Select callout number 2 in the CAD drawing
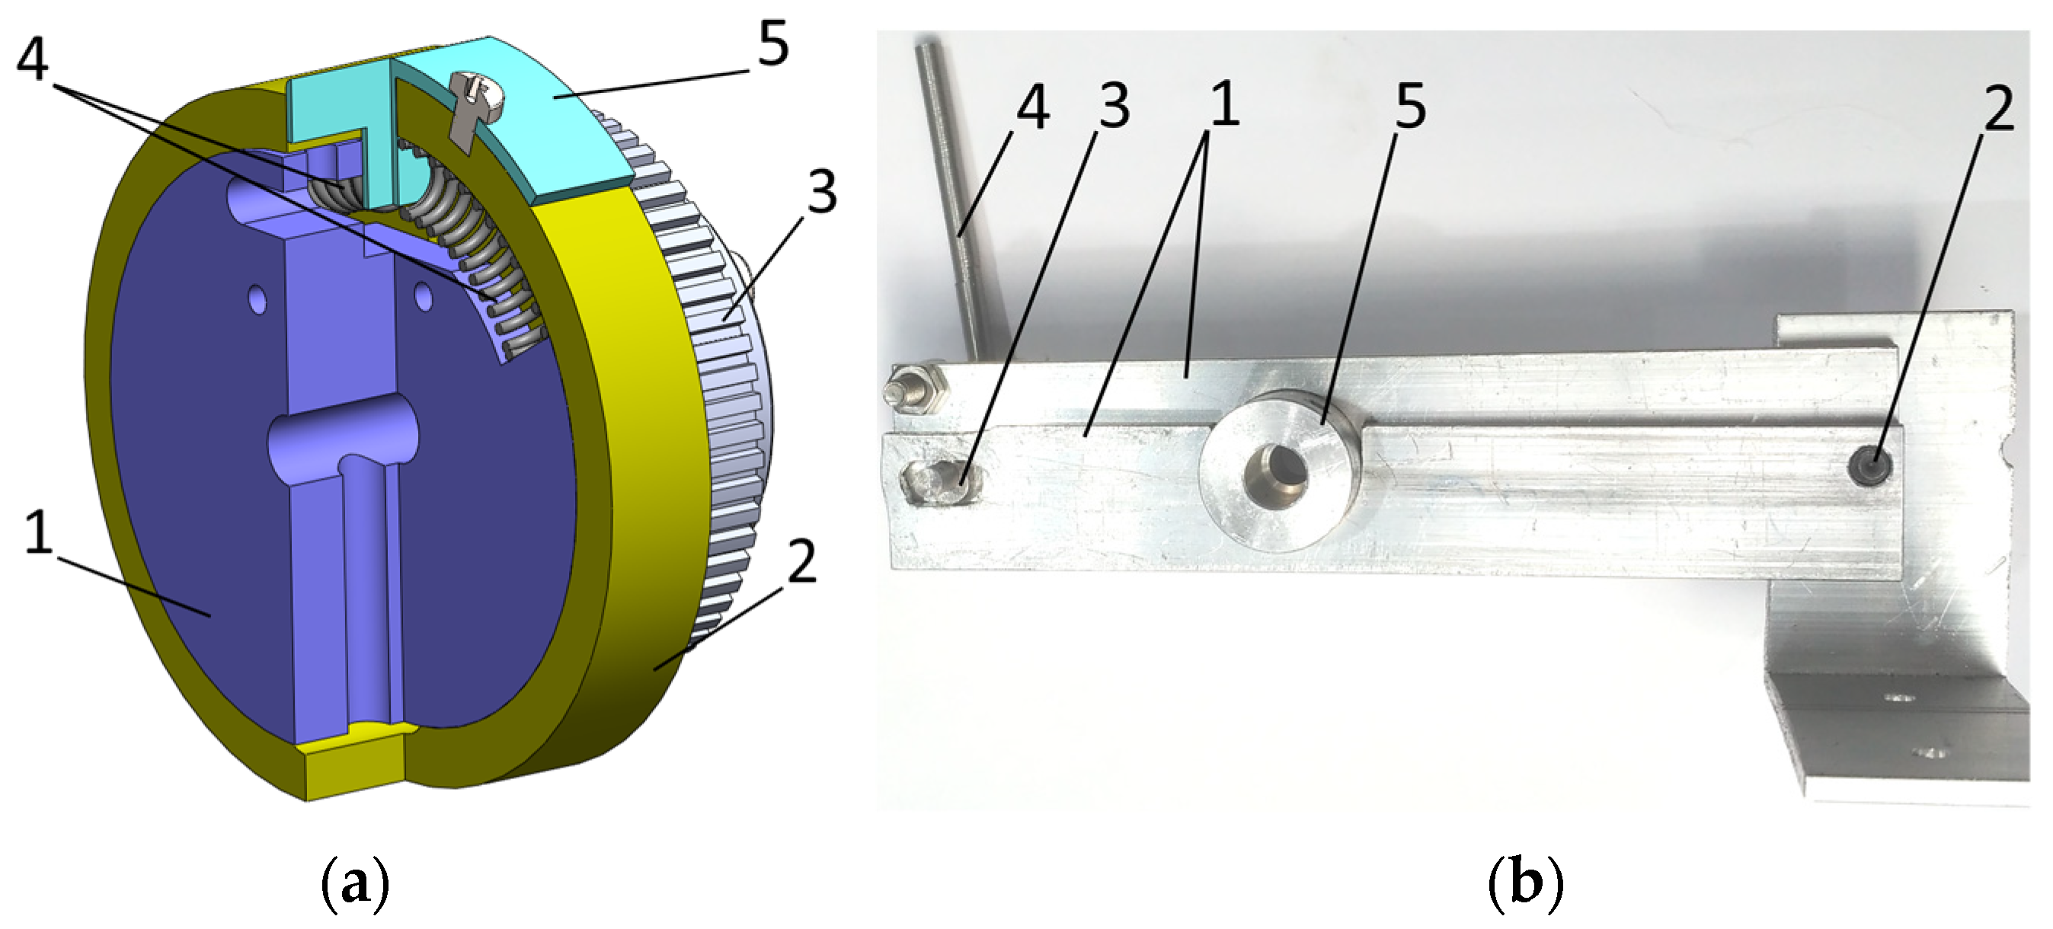(800, 560)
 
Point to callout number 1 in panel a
(38, 532)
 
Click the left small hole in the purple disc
(257, 300)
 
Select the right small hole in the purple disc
(424, 298)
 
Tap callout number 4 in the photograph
(1032, 107)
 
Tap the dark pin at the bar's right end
(1869, 466)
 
